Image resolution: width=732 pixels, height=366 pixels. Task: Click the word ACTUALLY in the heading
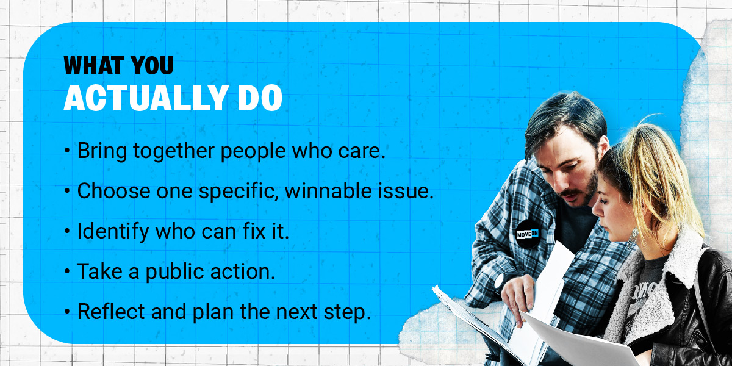145,98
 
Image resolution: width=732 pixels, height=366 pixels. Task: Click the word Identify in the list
113,232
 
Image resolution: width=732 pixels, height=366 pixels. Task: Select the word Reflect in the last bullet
111,312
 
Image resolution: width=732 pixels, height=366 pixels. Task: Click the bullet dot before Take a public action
67,271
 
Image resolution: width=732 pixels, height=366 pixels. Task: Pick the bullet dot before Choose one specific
67,191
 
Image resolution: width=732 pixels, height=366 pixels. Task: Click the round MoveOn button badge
528,234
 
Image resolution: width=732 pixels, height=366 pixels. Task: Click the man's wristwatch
500,282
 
